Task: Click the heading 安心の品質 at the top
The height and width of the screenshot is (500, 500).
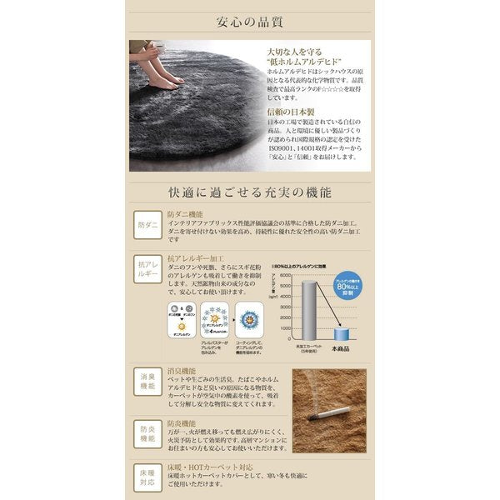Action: click(249, 17)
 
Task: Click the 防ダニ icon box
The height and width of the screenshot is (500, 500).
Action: click(147, 226)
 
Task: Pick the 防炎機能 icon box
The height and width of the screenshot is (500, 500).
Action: click(147, 432)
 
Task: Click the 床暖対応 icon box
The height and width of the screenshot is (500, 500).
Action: click(147, 477)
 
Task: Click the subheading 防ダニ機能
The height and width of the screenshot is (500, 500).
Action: click(185, 214)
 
